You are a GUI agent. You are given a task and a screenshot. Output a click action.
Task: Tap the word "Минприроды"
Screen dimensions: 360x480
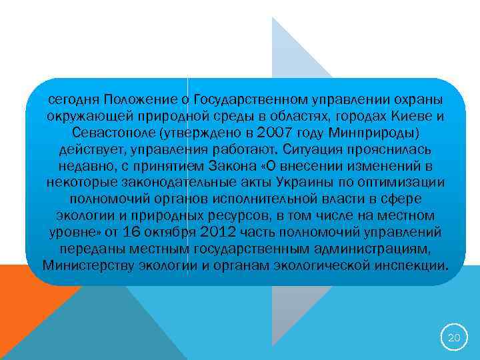click(x=373, y=132)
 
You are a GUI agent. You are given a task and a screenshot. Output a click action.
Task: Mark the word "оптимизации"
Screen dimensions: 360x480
click(x=399, y=182)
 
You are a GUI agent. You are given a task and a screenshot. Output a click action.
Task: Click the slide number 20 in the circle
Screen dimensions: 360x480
click(x=453, y=338)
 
